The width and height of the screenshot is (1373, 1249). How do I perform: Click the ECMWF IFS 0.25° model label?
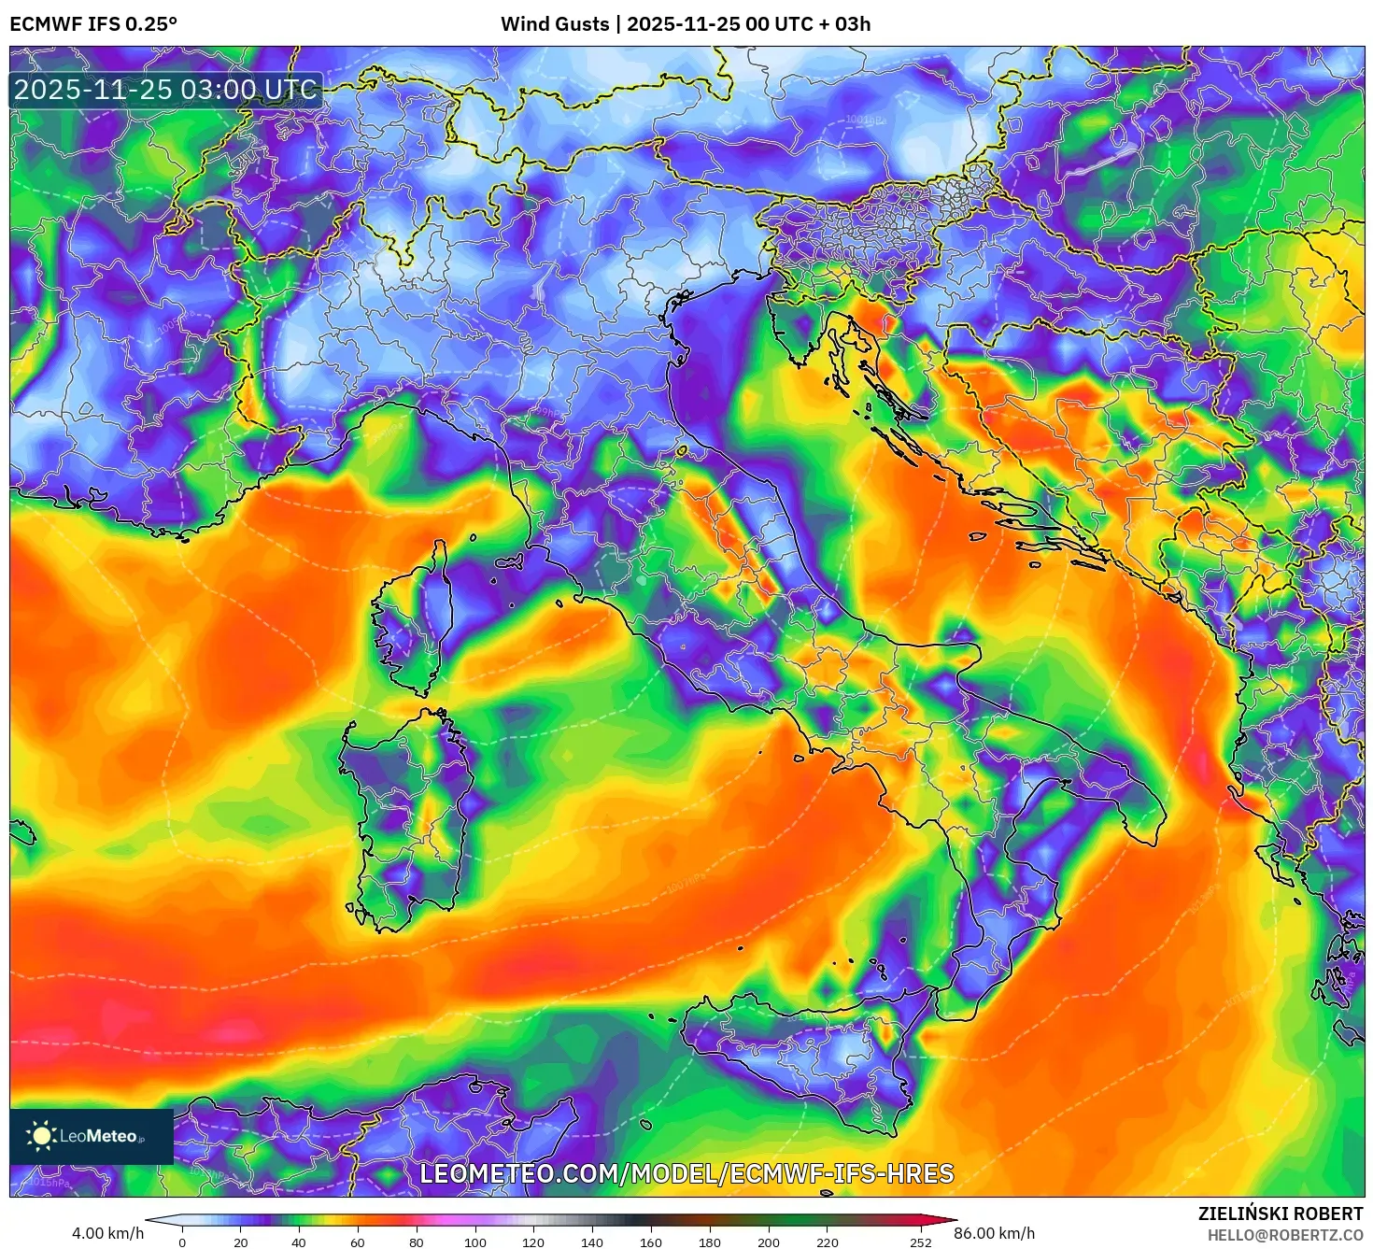(x=93, y=24)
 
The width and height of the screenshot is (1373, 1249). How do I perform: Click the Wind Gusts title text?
(x=686, y=24)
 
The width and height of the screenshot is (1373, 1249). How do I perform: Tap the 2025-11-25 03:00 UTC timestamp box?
(x=165, y=91)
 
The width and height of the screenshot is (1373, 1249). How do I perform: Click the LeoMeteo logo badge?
(x=92, y=1136)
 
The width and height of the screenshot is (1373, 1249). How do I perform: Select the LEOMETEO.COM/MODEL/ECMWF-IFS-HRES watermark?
(x=686, y=1173)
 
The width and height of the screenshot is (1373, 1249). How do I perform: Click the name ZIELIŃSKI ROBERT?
(x=1281, y=1214)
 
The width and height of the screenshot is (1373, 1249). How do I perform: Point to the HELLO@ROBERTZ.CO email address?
(x=1284, y=1235)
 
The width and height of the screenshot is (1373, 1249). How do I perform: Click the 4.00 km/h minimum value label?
(x=107, y=1233)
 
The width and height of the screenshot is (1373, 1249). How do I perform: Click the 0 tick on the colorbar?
(x=182, y=1242)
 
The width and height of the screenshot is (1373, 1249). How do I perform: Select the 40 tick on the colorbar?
(x=299, y=1242)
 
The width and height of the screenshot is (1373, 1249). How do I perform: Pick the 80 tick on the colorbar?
(x=417, y=1242)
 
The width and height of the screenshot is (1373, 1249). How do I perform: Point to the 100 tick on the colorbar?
(x=475, y=1242)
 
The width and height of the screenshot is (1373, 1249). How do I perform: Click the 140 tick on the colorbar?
(x=592, y=1242)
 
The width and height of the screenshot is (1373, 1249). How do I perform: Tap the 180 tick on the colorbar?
(x=710, y=1242)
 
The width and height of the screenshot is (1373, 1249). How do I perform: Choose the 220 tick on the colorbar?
(x=827, y=1242)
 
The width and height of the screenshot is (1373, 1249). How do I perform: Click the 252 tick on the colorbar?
(x=921, y=1242)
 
